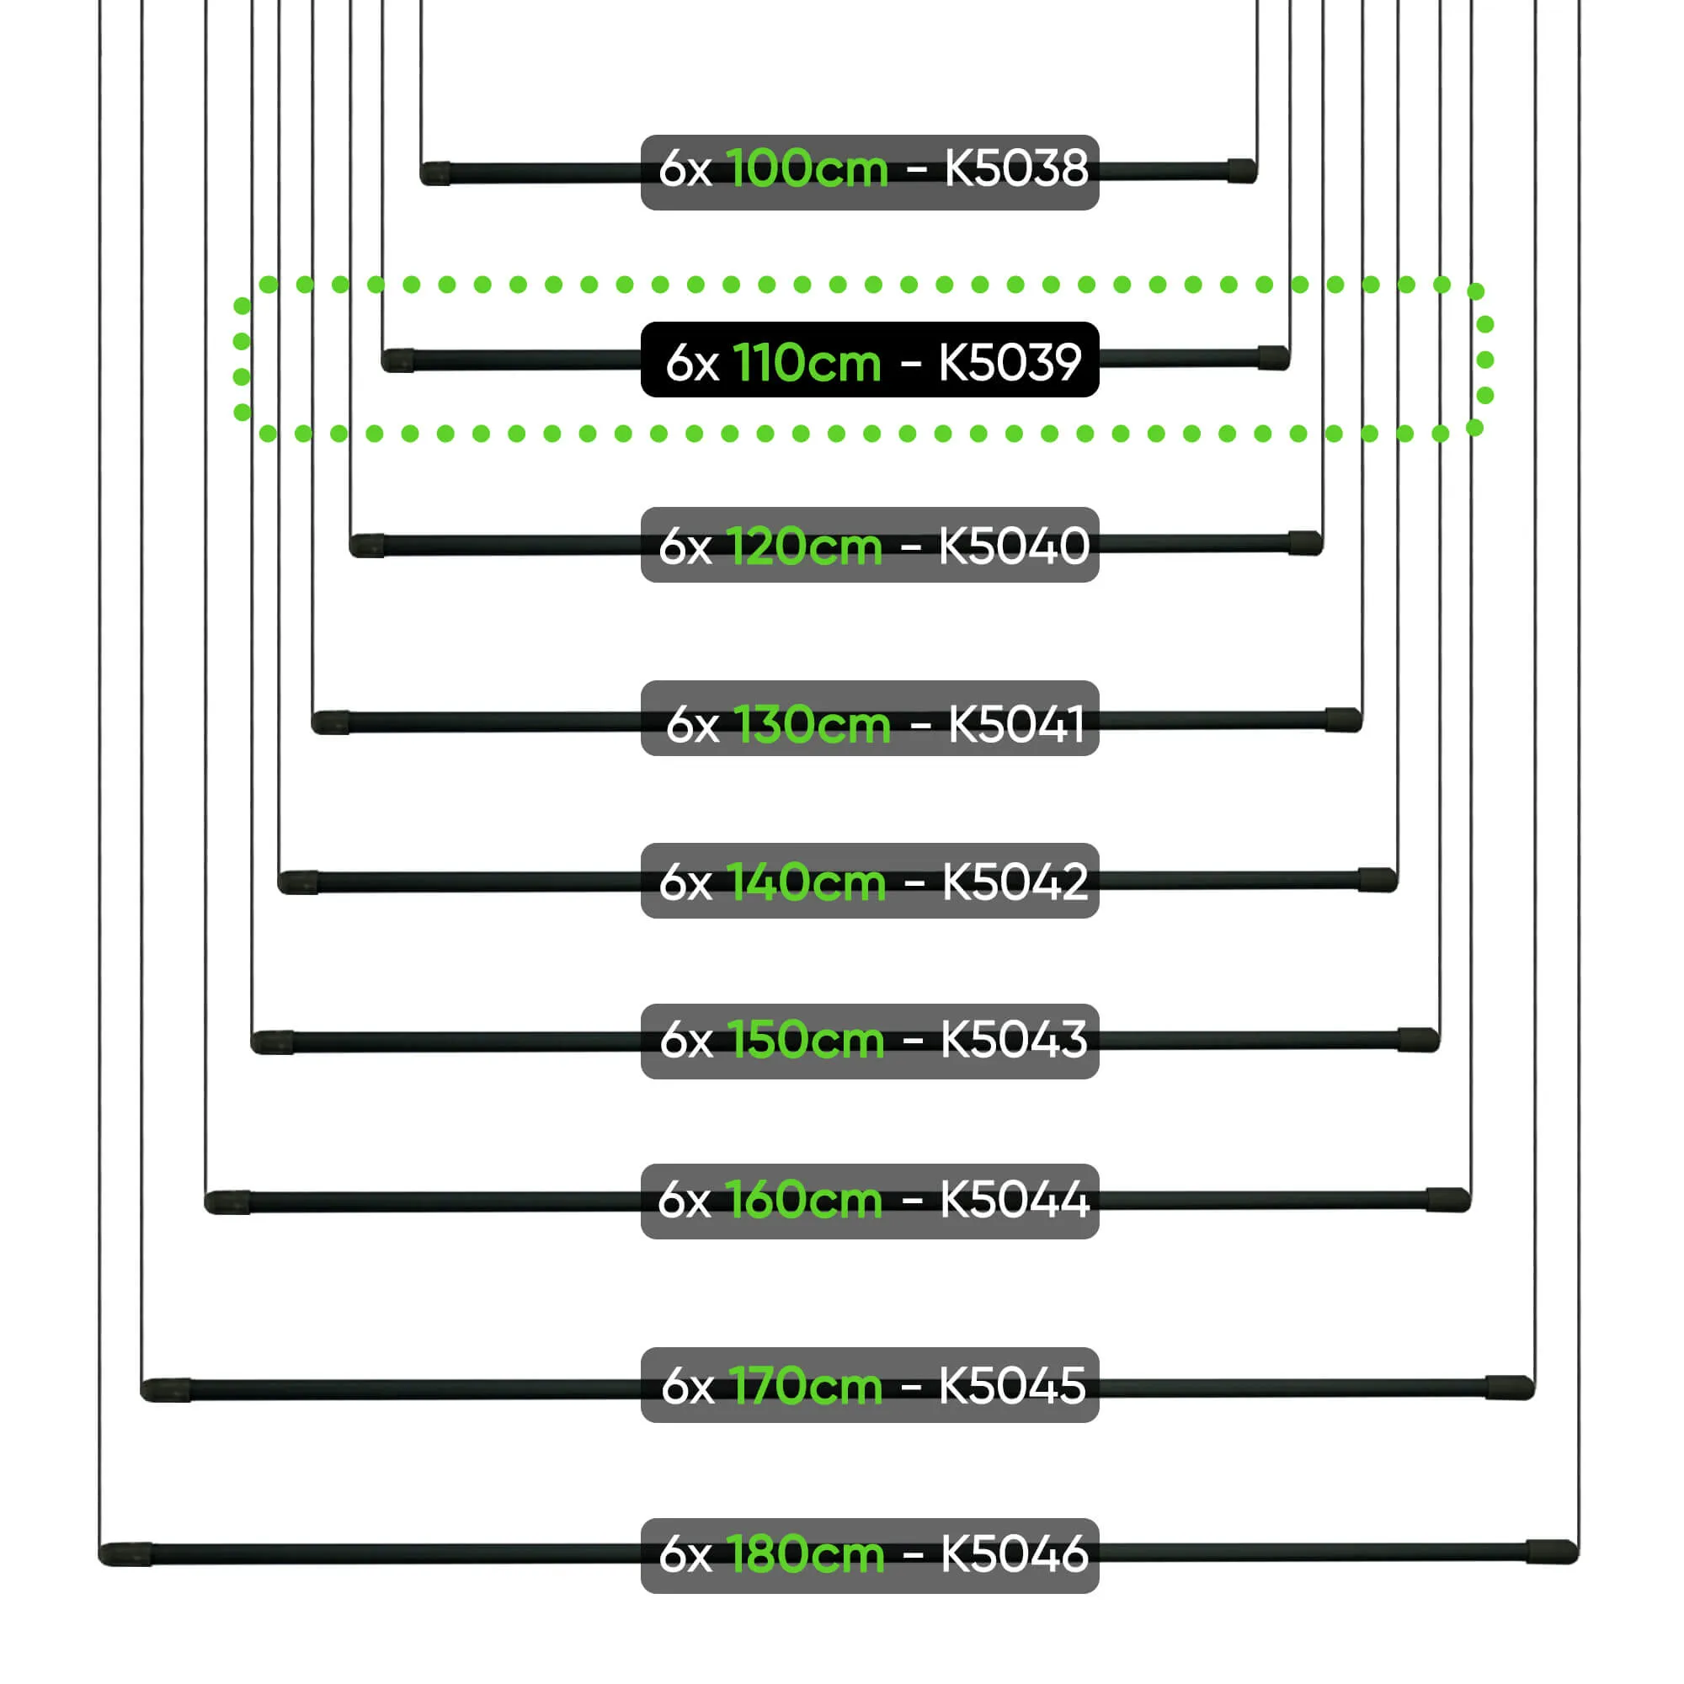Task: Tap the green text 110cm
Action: [807, 363]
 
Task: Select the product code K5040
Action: [1014, 546]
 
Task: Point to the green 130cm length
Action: [813, 724]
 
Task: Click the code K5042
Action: [1015, 882]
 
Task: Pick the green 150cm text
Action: [807, 1040]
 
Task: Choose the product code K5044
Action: [1014, 1200]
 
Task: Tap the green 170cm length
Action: [807, 1386]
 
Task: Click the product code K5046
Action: [1015, 1553]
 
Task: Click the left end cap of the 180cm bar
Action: [125, 1554]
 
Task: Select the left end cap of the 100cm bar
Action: [435, 173]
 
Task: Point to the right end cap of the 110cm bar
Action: [1273, 357]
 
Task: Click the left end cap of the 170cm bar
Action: [166, 1390]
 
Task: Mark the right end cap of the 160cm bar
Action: [1448, 1199]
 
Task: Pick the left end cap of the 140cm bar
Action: [298, 882]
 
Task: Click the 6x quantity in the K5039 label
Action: [692, 363]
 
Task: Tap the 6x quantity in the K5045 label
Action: [688, 1386]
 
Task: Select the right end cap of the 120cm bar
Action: [1306, 543]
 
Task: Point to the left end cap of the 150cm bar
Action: [273, 1042]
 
